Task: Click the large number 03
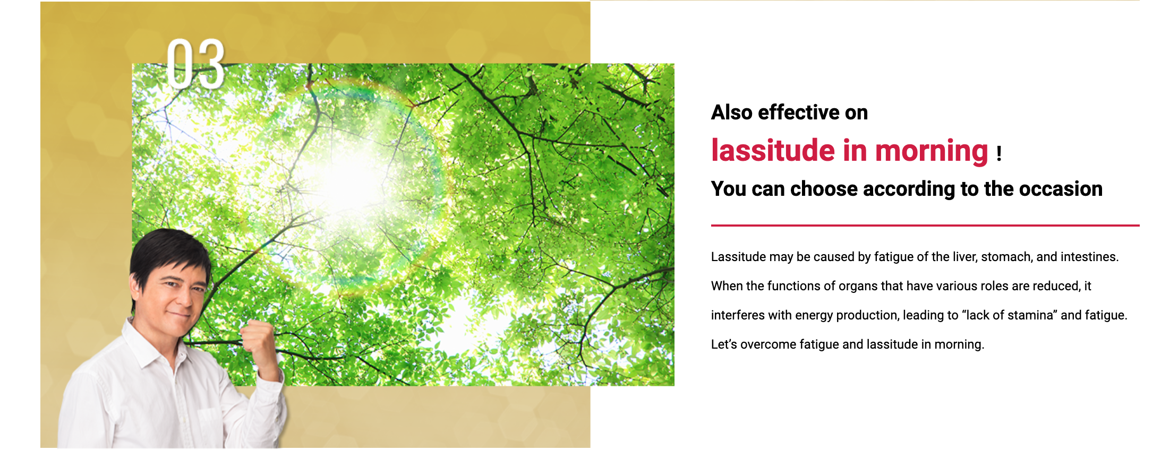point(195,64)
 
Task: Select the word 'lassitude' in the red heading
point(773,150)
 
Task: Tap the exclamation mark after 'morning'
point(999,154)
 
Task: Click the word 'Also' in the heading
point(732,112)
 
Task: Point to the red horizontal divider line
point(925,226)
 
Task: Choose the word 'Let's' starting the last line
point(724,344)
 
